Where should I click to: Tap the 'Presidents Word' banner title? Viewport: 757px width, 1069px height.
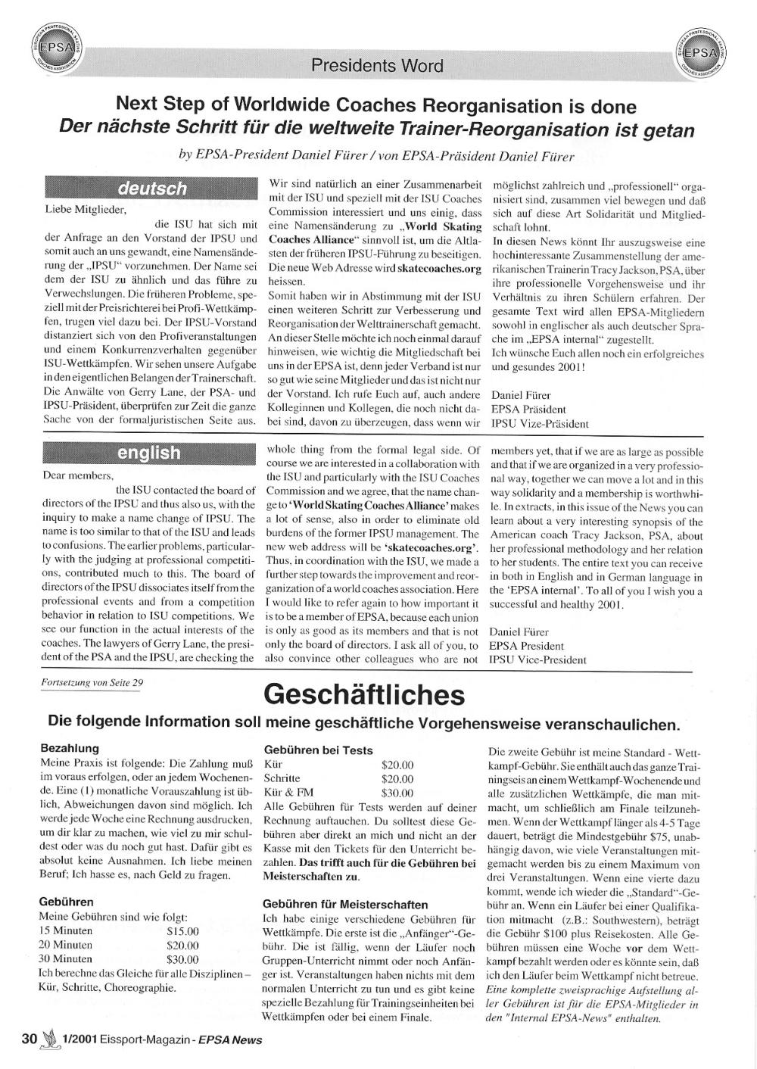[x=377, y=66]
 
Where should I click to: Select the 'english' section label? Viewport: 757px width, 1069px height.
[x=149, y=453]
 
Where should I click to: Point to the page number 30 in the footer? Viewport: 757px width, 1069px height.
[x=29, y=1039]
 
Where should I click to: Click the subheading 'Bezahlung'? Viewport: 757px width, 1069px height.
[x=69, y=748]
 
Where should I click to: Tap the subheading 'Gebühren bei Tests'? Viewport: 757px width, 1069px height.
[x=318, y=750]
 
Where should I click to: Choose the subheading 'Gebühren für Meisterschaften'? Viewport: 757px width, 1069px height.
[x=345, y=904]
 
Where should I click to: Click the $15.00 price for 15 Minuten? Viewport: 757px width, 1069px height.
[x=182, y=931]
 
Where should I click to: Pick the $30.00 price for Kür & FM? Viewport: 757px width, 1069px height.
[x=397, y=793]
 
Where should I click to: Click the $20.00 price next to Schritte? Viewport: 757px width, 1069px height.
[x=397, y=778]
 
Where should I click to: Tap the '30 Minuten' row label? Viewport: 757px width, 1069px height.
[x=66, y=958]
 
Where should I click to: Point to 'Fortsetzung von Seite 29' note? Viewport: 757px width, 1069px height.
[x=93, y=681]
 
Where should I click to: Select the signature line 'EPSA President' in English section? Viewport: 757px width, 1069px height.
[x=526, y=646]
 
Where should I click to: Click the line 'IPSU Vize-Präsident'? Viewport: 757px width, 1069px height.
[x=540, y=424]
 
